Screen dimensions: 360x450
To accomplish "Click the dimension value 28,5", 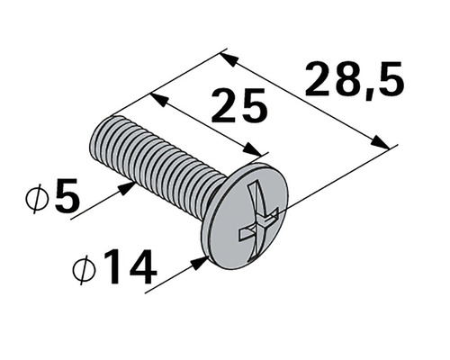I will [354, 80].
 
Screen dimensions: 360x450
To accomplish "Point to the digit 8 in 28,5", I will [341, 80].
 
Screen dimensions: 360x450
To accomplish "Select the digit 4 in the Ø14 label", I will [139, 267].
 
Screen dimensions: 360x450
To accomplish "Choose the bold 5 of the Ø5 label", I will [66, 199].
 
